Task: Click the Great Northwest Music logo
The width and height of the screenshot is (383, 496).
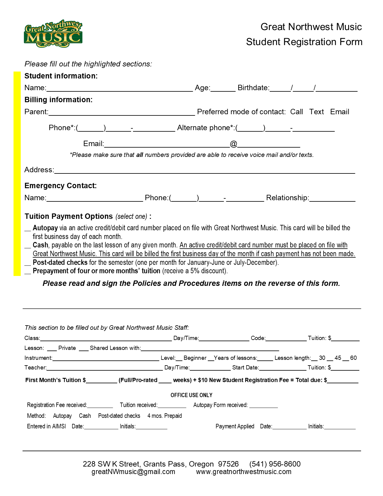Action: pyautogui.click(x=53, y=34)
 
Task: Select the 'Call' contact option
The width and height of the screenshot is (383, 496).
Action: pyautogui.click(x=296, y=112)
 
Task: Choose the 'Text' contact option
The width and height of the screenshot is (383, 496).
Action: pyautogui.click(x=316, y=112)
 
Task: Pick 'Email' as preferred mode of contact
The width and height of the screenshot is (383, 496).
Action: pyautogui.click(x=339, y=112)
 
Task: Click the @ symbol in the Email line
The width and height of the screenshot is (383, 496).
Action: pyautogui.click(x=233, y=144)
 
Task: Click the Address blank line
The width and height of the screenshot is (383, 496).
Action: pyautogui.click(x=204, y=171)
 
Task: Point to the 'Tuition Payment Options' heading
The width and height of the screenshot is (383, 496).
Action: pyautogui.click(x=68, y=216)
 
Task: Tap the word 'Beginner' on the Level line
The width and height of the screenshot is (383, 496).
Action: pyautogui.click(x=195, y=358)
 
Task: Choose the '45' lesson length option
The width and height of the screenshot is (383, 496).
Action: pyautogui.click(x=338, y=358)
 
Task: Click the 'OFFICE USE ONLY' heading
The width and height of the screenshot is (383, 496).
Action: pyautogui.click(x=191, y=395)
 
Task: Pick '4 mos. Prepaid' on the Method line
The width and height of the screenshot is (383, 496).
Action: pyautogui.click(x=165, y=416)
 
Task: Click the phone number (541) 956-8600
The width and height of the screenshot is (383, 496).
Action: pyautogui.click(x=275, y=464)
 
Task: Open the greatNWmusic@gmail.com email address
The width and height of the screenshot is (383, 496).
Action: pyautogui.click(x=133, y=472)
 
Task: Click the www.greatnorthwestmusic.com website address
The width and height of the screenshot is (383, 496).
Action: pyautogui.click(x=244, y=472)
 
